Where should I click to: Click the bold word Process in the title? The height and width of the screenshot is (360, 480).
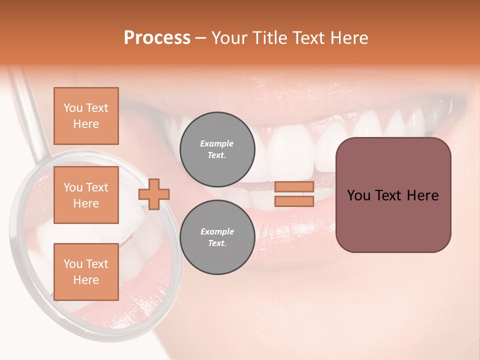(x=157, y=38)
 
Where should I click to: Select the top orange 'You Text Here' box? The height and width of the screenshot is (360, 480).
(x=86, y=116)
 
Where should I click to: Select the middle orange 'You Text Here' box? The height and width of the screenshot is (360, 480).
(x=86, y=195)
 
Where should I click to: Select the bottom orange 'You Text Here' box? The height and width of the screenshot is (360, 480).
(x=86, y=272)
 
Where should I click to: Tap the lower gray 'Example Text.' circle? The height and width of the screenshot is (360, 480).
(x=217, y=237)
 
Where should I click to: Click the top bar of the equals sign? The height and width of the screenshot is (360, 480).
(x=294, y=187)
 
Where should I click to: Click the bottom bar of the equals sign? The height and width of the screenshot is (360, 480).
(x=294, y=201)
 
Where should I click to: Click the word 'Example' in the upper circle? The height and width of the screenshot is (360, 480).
(x=217, y=143)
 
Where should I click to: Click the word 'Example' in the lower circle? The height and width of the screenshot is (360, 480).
(x=217, y=231)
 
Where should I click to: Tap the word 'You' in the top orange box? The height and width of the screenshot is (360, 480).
(x=73, y=108)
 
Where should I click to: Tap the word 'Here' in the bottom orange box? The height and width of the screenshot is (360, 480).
(x=86, y=280)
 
